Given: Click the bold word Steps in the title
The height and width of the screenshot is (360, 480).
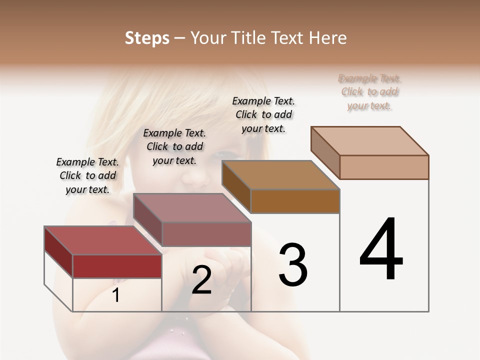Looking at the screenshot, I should [x=146, y=38].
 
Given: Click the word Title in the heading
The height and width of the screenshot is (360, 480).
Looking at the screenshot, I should [x=248, y=38].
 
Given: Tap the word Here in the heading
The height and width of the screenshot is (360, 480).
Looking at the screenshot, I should [x=327, y=38].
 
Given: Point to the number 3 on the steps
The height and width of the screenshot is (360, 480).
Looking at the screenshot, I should [x=293, y=264].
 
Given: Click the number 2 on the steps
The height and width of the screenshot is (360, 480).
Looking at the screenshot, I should [x=201, y=280].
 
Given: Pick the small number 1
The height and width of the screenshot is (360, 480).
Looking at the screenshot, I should [x=115, y=295].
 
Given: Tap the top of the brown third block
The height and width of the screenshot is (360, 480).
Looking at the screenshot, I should [x=280, y=175].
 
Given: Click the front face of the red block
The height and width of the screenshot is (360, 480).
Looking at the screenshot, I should [x=117, y=266].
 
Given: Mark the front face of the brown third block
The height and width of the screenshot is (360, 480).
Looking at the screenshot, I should [x=295, y=201].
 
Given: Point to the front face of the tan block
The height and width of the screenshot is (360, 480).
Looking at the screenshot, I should [x=384, y=167].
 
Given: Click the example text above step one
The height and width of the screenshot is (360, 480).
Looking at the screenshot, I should [x=87, y=175].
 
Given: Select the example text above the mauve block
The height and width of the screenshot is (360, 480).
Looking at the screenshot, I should [x=174, y=146].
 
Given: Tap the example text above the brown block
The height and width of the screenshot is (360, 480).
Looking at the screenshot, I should [x=263, y=114].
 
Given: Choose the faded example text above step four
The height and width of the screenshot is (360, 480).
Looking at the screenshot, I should [x=369, y=92].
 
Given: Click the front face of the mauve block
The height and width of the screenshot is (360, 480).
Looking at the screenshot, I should [x=206, y=233].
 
